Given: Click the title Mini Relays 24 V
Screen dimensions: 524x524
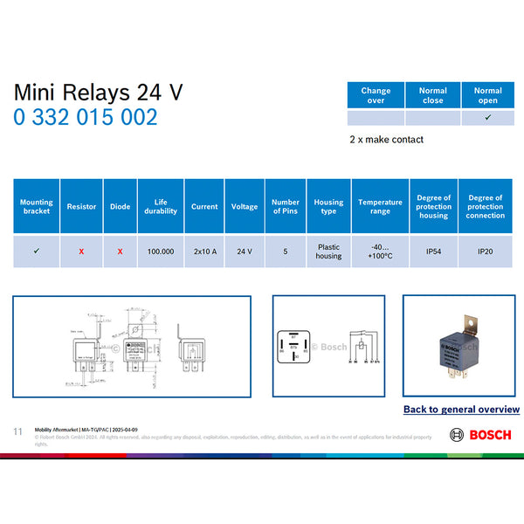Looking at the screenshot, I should click(98, 93).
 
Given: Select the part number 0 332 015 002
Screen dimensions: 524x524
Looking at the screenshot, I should click(85, 117).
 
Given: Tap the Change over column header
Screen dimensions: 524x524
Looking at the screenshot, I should click(376, 95).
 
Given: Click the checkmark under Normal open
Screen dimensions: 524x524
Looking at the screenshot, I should click(487, 118).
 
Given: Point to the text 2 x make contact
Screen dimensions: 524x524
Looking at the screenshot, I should click(386, 140).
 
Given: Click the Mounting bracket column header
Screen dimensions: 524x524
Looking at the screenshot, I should click(36, 206).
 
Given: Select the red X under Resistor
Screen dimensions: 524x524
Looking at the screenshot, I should click(81, 252).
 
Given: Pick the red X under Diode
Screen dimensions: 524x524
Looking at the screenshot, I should click(120, 252).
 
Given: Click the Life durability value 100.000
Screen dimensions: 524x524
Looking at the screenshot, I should click(161, 252).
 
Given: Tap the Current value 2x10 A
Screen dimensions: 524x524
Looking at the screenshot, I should click(204, 252).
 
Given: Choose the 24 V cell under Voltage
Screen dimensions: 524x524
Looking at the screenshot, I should click(245, 252).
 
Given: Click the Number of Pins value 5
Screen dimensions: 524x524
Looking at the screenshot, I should click(286, 252).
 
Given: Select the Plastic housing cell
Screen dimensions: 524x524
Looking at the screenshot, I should click(328, 252).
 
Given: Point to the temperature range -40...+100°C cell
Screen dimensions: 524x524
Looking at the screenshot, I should click(380, 252).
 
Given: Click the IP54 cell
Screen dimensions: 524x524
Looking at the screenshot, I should click(433, 252).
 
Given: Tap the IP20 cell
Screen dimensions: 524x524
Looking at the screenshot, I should click(485, 252).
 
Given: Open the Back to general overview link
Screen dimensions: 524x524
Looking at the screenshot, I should click(461, 410).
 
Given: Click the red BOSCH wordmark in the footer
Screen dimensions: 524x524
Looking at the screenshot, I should click(490, 435).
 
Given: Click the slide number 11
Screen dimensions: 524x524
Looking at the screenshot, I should click(17, 431).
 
